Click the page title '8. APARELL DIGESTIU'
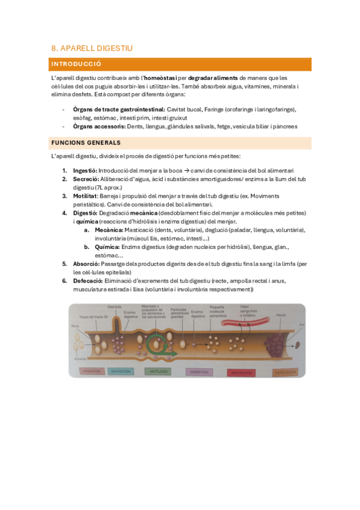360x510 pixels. (92, 48)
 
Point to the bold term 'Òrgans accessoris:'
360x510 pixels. (99, 126)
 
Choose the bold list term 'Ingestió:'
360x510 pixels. (85, 171)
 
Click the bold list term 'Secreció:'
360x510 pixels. (86, 179)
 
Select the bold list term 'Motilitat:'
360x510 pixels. (86, 196)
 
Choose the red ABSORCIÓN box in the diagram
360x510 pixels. (241, 372)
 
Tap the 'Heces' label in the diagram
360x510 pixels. (281, 315)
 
